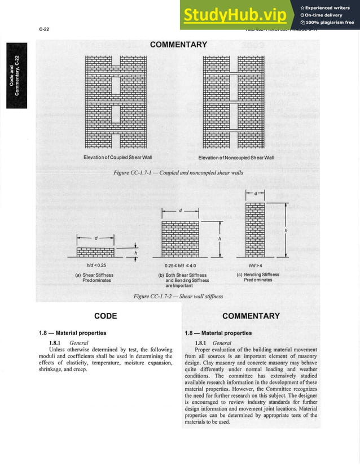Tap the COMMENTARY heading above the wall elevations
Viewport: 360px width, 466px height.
179,44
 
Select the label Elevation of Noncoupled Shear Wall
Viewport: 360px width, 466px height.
235,156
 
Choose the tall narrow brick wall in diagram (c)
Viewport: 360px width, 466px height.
256,229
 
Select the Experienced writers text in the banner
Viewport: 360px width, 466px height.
329,7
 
